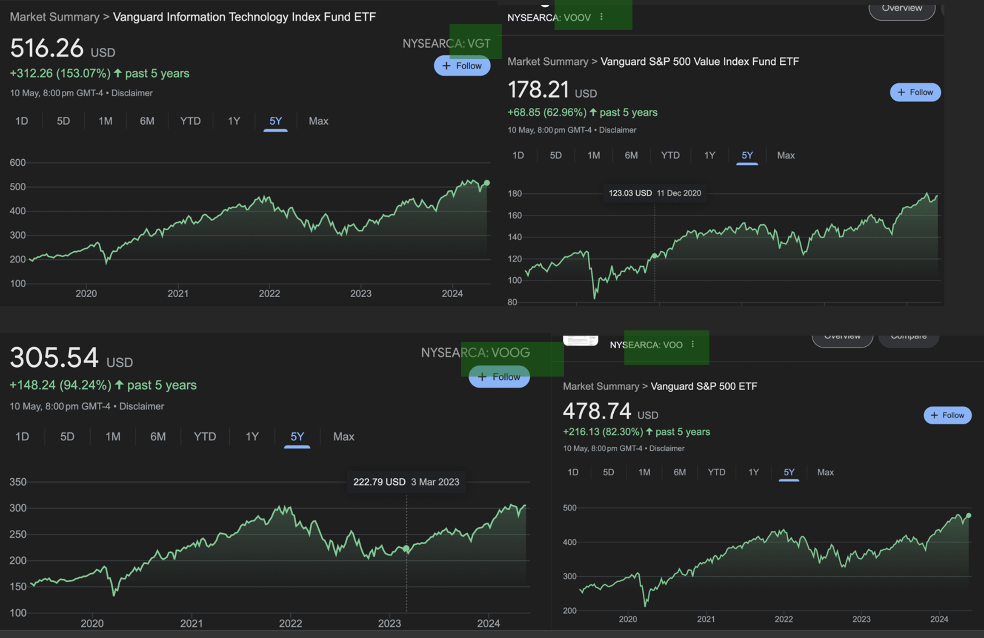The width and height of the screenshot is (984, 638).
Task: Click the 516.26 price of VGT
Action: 47,48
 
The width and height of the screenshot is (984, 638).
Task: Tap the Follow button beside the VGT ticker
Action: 462,66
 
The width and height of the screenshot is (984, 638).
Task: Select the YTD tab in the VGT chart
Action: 190,121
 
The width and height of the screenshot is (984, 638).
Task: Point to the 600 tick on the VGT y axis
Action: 17,163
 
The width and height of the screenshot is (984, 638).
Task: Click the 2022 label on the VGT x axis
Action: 269,293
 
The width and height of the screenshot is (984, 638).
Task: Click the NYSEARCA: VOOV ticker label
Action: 549,17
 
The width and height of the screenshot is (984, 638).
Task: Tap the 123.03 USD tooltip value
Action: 630,193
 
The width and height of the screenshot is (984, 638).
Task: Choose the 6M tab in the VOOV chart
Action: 631,155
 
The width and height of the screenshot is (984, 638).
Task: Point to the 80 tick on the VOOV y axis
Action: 512,302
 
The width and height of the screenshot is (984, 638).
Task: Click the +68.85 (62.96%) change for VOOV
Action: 546,112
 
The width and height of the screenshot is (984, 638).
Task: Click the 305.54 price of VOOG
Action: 54,357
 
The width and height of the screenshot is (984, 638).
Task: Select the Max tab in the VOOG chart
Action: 343,437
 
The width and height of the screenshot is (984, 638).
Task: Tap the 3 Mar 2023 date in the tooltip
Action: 435,482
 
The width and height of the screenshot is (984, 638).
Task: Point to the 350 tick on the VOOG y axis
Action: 18,482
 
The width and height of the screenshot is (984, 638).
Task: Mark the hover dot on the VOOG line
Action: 406,549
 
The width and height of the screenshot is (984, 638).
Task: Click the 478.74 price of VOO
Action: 597,411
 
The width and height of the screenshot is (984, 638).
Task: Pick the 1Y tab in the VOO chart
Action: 753,472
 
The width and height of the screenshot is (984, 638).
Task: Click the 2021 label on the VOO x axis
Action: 706,619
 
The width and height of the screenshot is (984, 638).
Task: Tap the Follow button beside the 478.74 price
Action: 947,415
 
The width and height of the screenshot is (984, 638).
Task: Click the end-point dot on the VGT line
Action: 487,183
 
